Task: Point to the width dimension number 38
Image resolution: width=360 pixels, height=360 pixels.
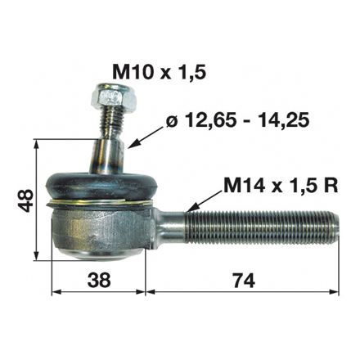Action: click(x=97, y=280)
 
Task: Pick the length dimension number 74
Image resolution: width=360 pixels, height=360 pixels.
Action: click(x=242, y=280)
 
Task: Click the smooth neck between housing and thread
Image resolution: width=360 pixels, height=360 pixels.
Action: click(x=172, y=223)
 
